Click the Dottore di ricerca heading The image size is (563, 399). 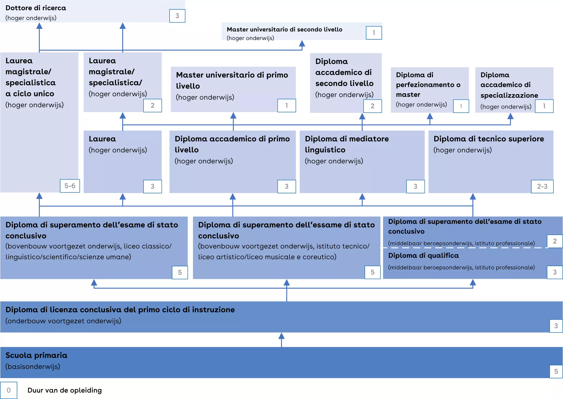click(36, 8)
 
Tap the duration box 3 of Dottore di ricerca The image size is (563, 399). click(177, 16)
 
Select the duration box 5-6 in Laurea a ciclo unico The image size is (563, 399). click(70, 186)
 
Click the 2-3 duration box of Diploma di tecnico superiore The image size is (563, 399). click(542, 186)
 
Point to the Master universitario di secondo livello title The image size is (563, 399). click(284, 29)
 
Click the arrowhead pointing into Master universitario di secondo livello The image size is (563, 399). click(302, 44)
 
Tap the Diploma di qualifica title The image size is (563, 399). click(423, 256)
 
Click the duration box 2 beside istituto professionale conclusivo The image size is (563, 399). click(554, 241)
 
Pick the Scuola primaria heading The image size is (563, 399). click(36, 355)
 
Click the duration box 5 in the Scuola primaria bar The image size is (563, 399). click(556, 371)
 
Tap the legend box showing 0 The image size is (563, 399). click(9, 390)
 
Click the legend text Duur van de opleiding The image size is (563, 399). click(65, 390)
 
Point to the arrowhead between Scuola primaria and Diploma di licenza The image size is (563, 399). click(281, 336)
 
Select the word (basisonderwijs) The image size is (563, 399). click(33, 366)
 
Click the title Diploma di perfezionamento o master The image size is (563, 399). click(428, 84)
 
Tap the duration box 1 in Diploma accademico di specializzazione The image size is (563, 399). click(544, 106)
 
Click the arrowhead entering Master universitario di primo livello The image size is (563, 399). click(233, 116)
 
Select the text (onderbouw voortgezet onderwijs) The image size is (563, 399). click(63, 321)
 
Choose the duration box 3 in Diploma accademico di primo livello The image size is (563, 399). click(286, 186)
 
